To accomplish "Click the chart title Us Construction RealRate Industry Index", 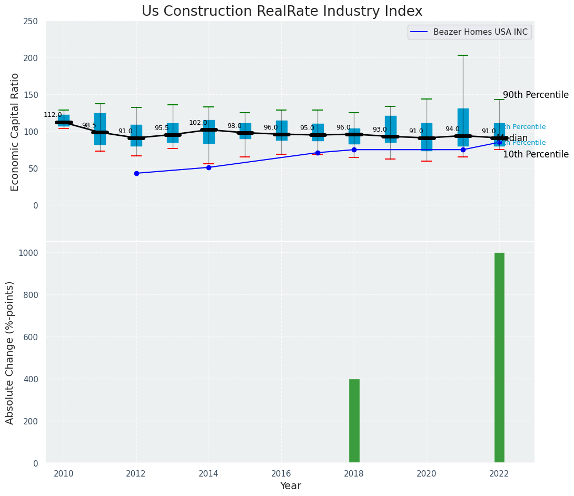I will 282,12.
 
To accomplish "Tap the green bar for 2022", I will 499,358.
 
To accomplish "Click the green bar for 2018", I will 354,421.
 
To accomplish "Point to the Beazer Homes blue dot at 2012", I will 136,173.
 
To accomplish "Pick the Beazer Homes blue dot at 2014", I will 209,167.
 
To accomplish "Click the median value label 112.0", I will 53,115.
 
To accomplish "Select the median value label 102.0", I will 198,123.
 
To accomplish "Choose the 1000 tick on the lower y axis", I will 29,253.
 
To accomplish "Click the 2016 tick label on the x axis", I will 281,473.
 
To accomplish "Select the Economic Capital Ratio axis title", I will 15,132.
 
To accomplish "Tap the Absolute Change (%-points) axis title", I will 10,352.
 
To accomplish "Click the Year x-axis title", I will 290,486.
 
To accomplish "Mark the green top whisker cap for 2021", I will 463,55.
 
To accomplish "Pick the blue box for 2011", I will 100,129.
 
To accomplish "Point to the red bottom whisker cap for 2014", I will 209,164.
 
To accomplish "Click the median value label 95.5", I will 162,128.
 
